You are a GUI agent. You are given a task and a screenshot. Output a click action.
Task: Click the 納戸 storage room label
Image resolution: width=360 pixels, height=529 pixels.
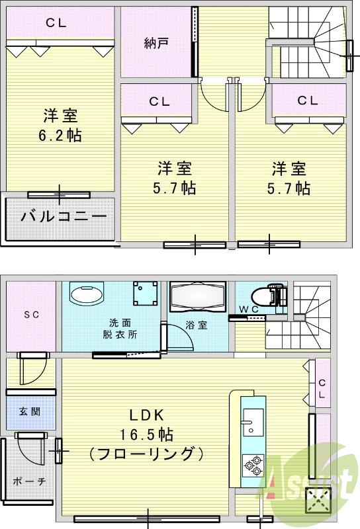(x=156, y=44)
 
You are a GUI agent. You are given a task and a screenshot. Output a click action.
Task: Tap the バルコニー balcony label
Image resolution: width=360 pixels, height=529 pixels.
(x=63, y=217)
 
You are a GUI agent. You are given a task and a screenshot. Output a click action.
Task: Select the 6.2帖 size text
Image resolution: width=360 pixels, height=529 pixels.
(x=60, y=136)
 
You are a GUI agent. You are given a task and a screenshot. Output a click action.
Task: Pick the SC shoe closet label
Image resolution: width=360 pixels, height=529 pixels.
(x=31, y=315)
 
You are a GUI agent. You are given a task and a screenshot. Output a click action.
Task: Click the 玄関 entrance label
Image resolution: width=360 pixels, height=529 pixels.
(x=30, y=411)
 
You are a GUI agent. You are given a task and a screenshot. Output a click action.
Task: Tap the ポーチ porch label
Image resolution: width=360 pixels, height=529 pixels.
(x=28, y=481)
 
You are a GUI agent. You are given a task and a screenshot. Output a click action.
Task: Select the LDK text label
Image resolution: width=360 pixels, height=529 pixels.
(x=146, y=415)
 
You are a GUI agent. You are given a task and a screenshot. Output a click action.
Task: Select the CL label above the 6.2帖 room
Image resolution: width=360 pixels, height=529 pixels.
(x=56, y=23)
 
